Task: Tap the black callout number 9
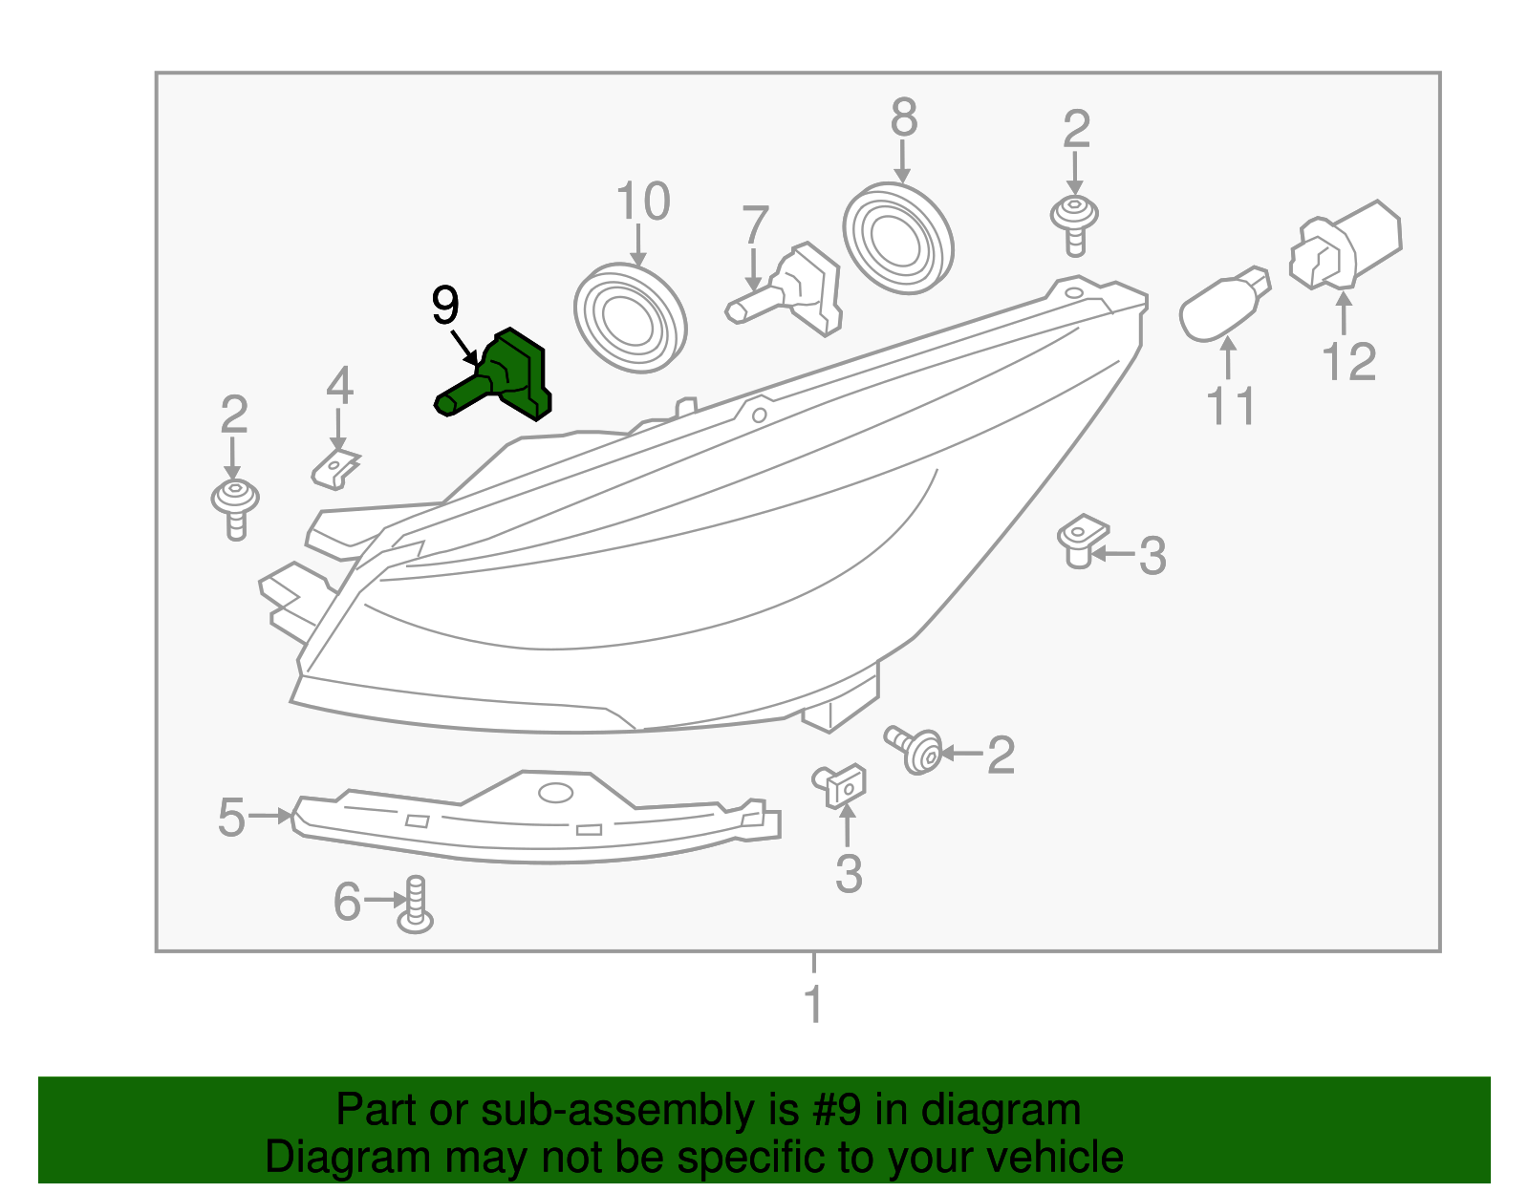[x=445, y=306]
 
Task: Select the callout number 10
[x=642, y=202]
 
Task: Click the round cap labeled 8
[x=898, y=239]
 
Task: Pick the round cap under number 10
[x=631, y=318]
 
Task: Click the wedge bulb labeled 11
[x=1223, y=304]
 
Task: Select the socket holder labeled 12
[x=1346, y=245]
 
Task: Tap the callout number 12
[x=1348, y=362]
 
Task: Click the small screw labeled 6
[x=415, y=905]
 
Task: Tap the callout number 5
[x=231, y=819]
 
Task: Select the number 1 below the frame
[x=813, y=1005]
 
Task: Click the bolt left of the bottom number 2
[x=915, y=750]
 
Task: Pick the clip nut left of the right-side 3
[x=1081, y=541]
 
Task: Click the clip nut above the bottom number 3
[x=842, y=784]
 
